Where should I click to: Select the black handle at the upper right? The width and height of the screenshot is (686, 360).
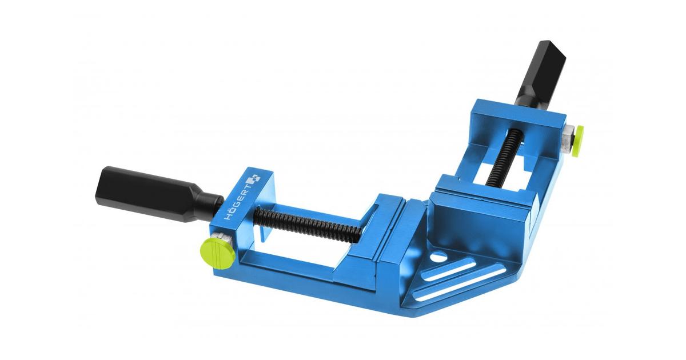click(x=541, y=74)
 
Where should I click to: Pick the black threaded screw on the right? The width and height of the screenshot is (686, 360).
click(x=498, y=156)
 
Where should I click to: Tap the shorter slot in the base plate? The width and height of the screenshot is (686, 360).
click(x=449, y=269)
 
